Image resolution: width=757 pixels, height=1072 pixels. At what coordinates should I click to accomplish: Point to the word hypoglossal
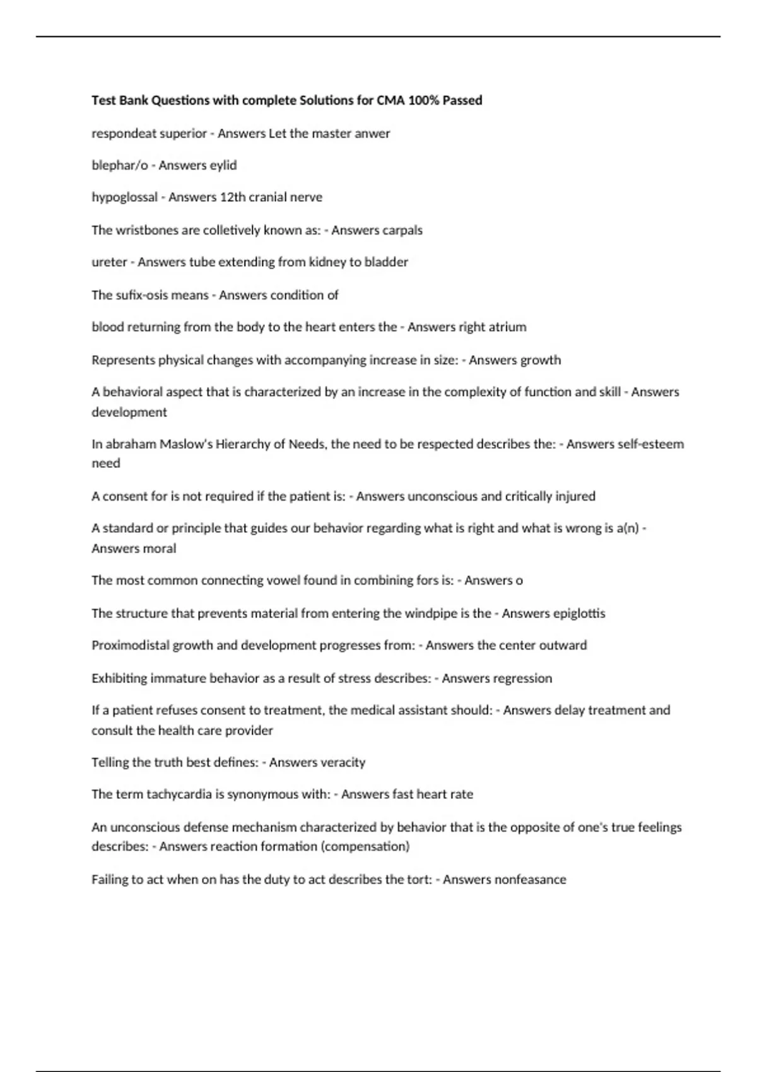tap(124, 197)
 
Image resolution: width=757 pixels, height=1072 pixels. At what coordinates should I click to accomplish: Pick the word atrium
tap(507, 327)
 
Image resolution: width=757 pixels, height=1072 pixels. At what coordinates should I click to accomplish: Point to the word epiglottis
tap(578, 614)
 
